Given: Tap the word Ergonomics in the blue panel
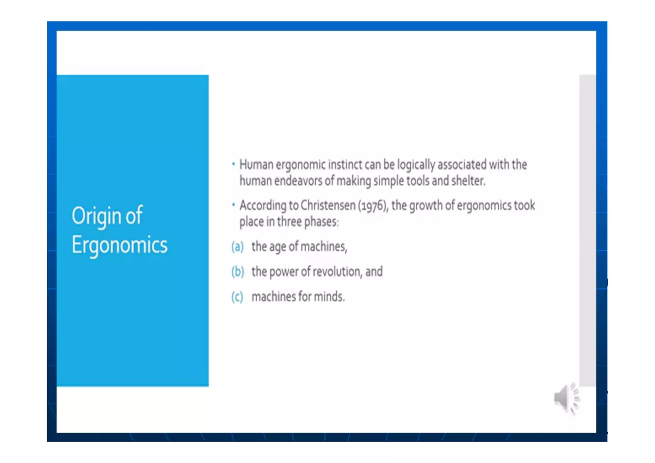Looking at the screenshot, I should (x=119, y=245).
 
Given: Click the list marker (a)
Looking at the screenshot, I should (x=237, y=247).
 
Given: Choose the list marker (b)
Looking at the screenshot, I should (x=238, y=272).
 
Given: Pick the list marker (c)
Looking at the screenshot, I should (x=237, y=297).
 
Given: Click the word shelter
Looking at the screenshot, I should (x=468, y=181).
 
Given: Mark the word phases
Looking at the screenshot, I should (x=321, y=222).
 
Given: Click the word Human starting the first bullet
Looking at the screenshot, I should (x=256, y=165).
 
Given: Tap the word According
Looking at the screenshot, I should (x=263, y=205).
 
